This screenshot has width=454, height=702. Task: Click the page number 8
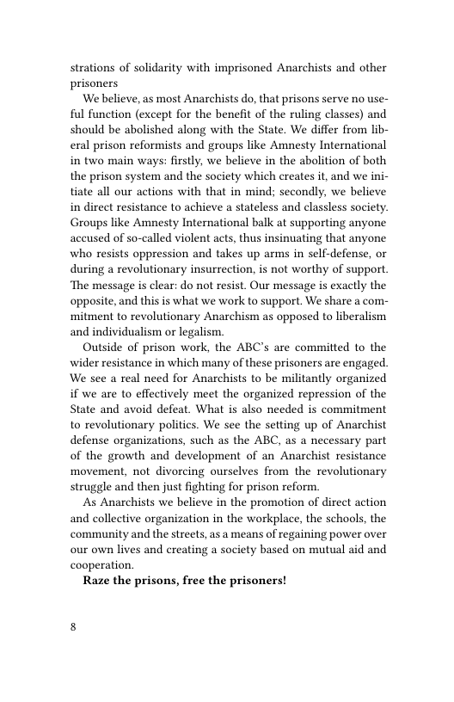[73, 626]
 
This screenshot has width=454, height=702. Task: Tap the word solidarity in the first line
[166, 68]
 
